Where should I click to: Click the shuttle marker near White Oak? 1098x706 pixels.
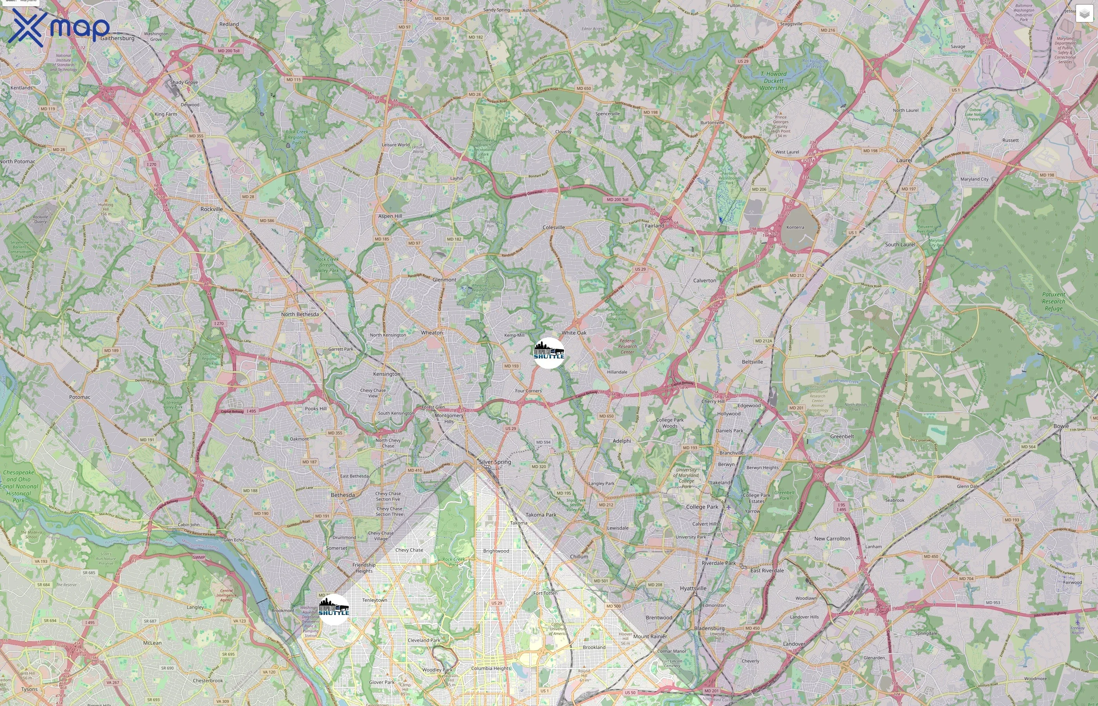[549, 353]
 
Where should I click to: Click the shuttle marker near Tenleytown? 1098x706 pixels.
[334, 609]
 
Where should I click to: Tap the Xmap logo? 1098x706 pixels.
[59, 27]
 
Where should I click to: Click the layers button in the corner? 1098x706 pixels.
[1084, 14]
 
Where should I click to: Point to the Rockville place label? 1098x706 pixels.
[212, 209]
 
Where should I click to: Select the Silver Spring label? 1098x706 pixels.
[495, 462]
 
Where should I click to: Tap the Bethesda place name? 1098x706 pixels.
[343, 495]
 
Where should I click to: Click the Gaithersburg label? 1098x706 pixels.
[117, 38]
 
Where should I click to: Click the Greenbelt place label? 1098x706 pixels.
[842, 437]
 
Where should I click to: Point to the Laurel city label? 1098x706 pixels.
[904, 160]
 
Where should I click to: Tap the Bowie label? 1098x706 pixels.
[1061, 426]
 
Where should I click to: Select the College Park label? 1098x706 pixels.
[702, 507]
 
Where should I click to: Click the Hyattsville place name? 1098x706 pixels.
[693, 588]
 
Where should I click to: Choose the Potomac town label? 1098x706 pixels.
[80, 397]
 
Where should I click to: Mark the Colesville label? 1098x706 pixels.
[554, 227]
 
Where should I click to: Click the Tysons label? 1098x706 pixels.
[29, 689]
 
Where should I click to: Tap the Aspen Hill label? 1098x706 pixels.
[390, 216]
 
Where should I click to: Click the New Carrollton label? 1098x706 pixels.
[832, 539]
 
